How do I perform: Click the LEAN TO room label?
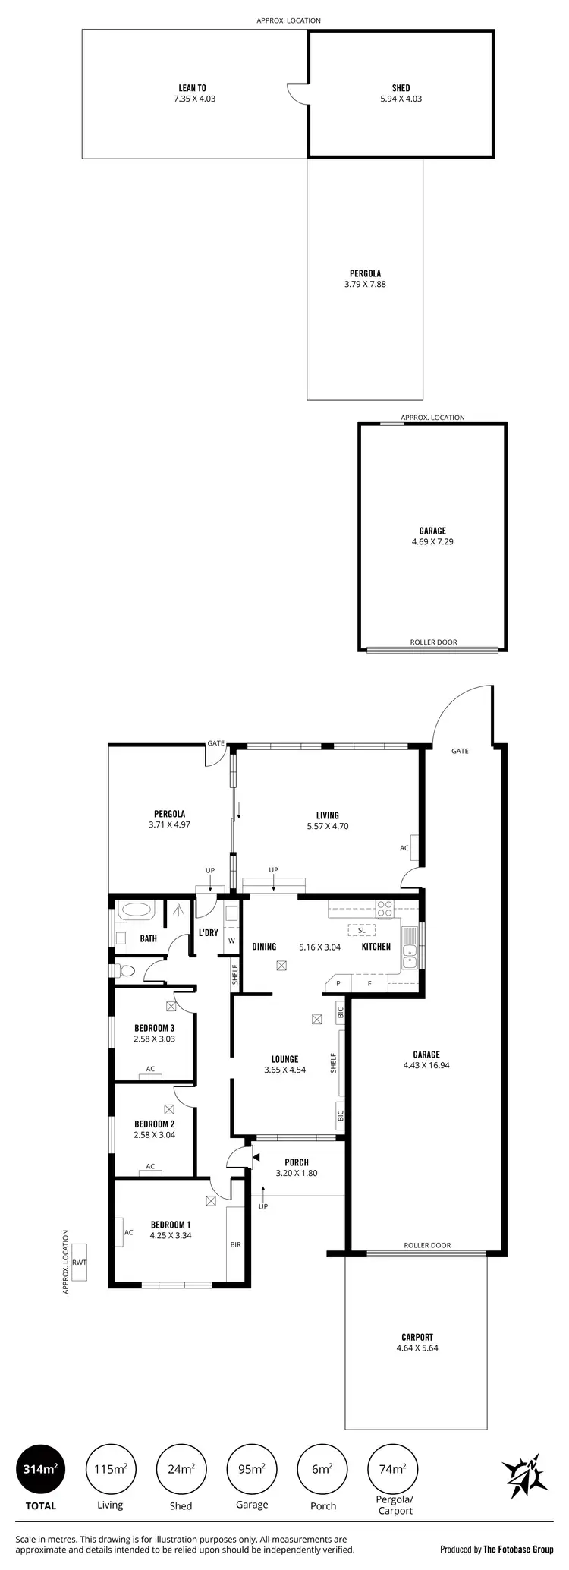click(x=192, y=88)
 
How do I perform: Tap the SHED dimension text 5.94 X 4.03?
click(x=401, y=99)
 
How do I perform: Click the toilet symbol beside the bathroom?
click(x=126, y=969)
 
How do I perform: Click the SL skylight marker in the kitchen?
click(x=361, y=930)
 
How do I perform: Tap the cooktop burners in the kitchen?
click(x=385, y=906)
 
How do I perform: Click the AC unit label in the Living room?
click(x=404, y=848)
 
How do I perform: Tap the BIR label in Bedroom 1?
click(x=235, y=1245)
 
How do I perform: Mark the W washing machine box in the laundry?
click(x=231, y=941)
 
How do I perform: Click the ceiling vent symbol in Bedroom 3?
click(x=171, y=1007)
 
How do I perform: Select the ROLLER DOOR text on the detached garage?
click(x=433, y=642)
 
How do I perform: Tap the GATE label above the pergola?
click(x=216, y=743)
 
